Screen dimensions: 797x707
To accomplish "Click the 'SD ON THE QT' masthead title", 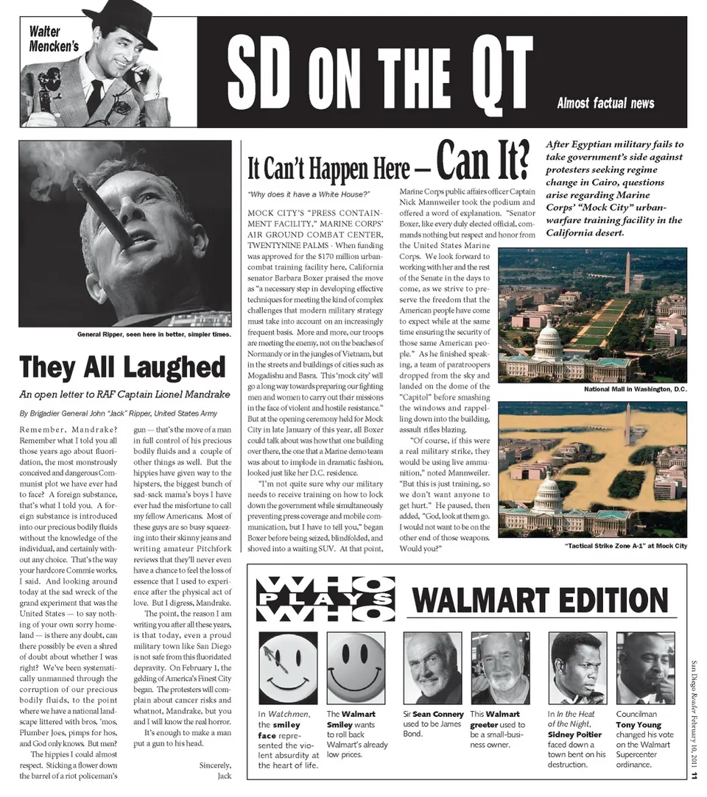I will pos(379,72).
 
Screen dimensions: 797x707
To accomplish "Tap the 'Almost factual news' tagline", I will pos(605,103).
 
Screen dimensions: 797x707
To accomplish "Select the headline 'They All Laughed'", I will pos(122,366).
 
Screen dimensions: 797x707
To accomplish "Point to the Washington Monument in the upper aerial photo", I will pos(627,272).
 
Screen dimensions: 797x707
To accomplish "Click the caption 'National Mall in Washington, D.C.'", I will pos(635,389).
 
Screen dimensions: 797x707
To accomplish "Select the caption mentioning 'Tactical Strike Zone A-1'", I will pos(626,545).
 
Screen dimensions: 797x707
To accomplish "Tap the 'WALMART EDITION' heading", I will pos(541,600).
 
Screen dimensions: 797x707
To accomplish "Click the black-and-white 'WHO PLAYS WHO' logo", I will pos(325,599).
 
